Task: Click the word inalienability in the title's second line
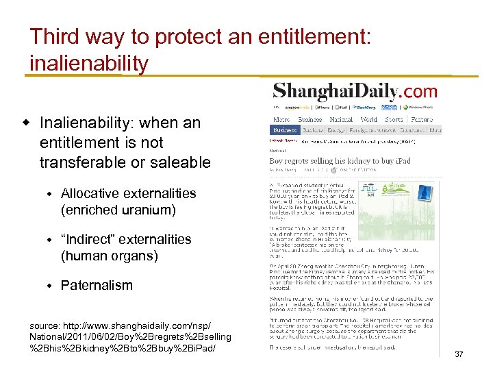click(x=89, y=63)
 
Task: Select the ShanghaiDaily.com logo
click(x=355, y=90)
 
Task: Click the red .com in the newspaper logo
click(x=417, y=90)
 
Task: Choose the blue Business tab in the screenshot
click(x=285, y=129)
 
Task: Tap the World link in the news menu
click(x=368, y=119)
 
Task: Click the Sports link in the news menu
click(x=394, y=119)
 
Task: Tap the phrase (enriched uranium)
click(x=118, y=210)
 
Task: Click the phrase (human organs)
click(x=110, y=256)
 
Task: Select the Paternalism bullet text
click(x=97, y=285)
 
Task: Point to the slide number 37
click(x=459, y=354)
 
